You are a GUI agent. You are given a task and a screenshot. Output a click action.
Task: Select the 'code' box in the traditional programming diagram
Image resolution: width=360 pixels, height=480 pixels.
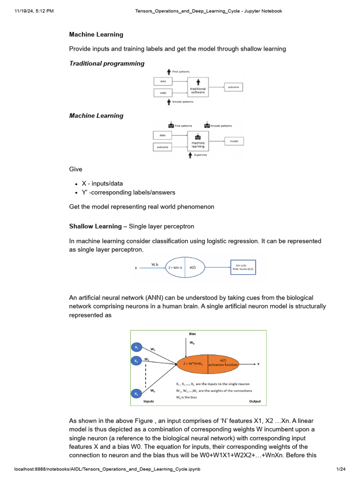point(163,93)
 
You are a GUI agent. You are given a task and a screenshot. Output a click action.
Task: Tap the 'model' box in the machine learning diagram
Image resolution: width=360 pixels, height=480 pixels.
point(233,141)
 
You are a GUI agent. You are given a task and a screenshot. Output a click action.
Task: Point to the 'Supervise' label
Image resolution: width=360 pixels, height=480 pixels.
point(200,155)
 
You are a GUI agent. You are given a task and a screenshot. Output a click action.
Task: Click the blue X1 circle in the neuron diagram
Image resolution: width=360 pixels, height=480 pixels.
point(136,347)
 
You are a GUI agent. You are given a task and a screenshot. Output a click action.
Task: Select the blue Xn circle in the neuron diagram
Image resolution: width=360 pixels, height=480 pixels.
point(136,394)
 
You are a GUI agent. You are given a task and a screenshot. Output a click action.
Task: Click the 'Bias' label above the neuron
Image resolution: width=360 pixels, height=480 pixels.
point(193,334)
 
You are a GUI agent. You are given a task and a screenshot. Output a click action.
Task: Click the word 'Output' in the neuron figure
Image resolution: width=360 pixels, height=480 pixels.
point(255,401)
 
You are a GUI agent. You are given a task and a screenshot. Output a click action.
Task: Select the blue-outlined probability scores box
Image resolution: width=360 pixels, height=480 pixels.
point(243,267)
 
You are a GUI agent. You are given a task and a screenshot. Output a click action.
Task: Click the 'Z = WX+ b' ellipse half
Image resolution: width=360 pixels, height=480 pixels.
point(172,268)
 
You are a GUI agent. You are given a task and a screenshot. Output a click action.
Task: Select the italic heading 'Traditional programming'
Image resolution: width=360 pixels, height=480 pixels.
point(107,63)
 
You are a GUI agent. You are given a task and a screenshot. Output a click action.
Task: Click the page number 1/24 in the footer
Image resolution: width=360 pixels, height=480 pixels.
point(341,469)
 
